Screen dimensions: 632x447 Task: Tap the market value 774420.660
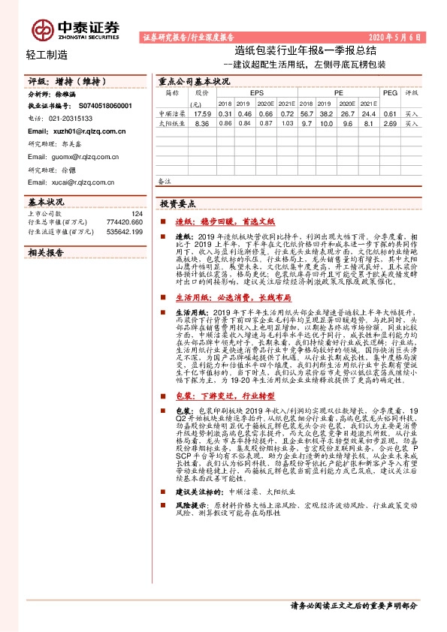pyautogui.click(x=124, y=223)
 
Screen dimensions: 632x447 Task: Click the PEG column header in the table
pyautogui.click(x=390, y=92)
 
